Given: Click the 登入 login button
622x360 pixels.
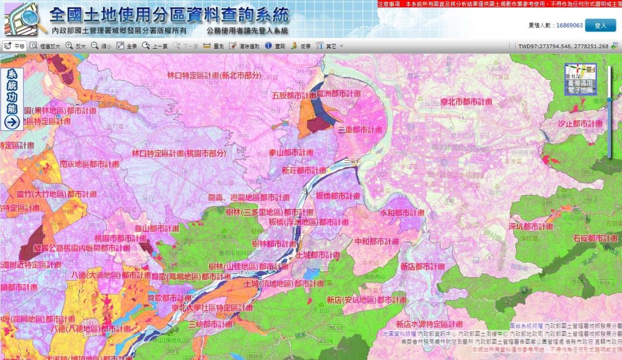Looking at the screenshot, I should point(600,25).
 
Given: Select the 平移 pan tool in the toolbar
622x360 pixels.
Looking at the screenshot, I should point(15,46).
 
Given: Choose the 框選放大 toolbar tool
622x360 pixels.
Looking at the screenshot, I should point(45,46).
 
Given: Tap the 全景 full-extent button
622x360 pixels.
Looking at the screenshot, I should point(127,46).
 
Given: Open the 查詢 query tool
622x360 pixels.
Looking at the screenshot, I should point(275,46).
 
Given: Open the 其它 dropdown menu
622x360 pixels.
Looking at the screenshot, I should point(330,46).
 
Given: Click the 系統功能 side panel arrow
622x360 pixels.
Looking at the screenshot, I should point(12,122).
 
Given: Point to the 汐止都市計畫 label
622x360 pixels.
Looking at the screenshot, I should point(580,124).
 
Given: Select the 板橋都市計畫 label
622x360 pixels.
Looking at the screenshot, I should point(337,196).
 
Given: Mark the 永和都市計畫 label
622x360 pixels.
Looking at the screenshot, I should point(402,212).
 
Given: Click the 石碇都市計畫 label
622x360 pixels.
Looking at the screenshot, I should point(596,238).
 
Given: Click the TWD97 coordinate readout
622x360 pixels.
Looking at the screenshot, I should point(563,46).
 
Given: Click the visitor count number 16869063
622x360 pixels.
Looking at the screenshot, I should point(569,25).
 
